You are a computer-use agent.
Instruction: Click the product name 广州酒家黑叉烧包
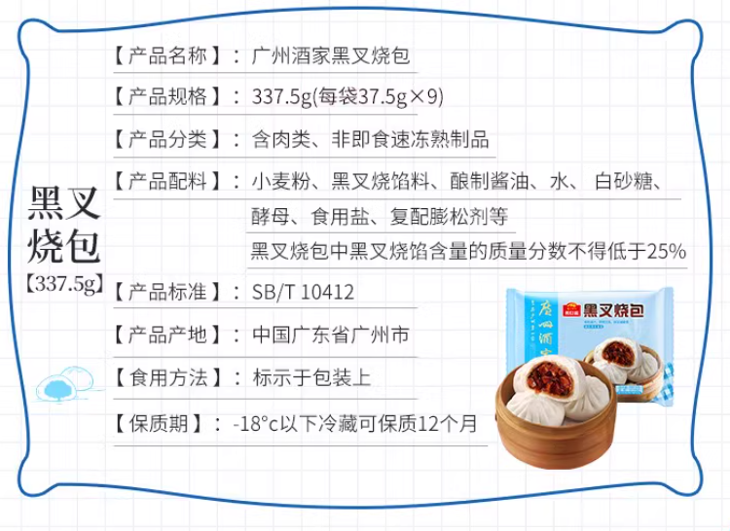pos(331,56)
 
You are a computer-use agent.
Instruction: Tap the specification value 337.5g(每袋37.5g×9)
pos(347,97)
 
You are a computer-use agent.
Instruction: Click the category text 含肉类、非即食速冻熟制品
pos(371,139)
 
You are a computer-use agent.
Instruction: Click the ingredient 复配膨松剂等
pos(449,216)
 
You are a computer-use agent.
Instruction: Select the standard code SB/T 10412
pos(303,292)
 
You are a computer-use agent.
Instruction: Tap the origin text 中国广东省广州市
pos(331,335)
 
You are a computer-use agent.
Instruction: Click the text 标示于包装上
pos(311,377)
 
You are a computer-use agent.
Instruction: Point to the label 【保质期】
pos(159,424)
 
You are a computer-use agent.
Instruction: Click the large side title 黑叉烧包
pos(64,224)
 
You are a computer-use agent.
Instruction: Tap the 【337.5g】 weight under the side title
pos(64,283)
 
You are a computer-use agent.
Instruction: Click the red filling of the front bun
pos(550,377)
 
